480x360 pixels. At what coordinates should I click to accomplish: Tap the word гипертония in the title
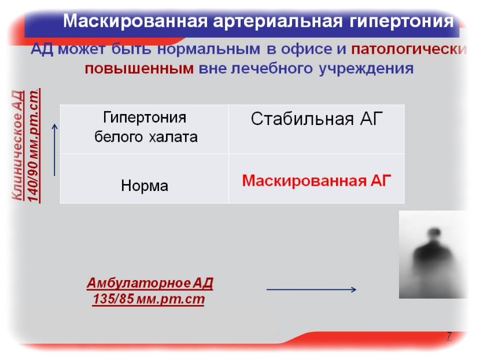[x=401, y=22]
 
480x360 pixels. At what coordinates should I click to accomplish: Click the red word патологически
[x=409, y=49]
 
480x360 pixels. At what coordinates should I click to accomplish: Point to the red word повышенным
[x=139, y=69]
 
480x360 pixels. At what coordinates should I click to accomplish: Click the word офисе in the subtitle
[x=307, y=49]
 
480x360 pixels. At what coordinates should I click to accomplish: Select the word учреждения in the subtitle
[x=366, y=69]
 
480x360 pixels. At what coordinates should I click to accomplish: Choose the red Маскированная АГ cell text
[x=316, y=181]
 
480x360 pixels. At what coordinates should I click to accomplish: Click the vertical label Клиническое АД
[x=18, y=145]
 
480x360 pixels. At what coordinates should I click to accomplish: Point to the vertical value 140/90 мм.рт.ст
[x=34, y=145]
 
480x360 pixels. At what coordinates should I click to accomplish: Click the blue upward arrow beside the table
[x=54, y=150]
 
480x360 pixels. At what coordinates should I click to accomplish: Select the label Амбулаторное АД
[x=150, y=283]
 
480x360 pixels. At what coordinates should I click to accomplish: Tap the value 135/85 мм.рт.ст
[x=149, y=299]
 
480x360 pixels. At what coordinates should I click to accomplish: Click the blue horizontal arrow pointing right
[x=311, y=289]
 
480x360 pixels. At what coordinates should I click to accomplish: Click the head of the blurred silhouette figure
[x=434, y=232]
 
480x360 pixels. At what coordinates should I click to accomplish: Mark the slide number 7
[x=449, y=336]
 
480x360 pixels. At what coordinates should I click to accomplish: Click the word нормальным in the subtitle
[x=208, y=49]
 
